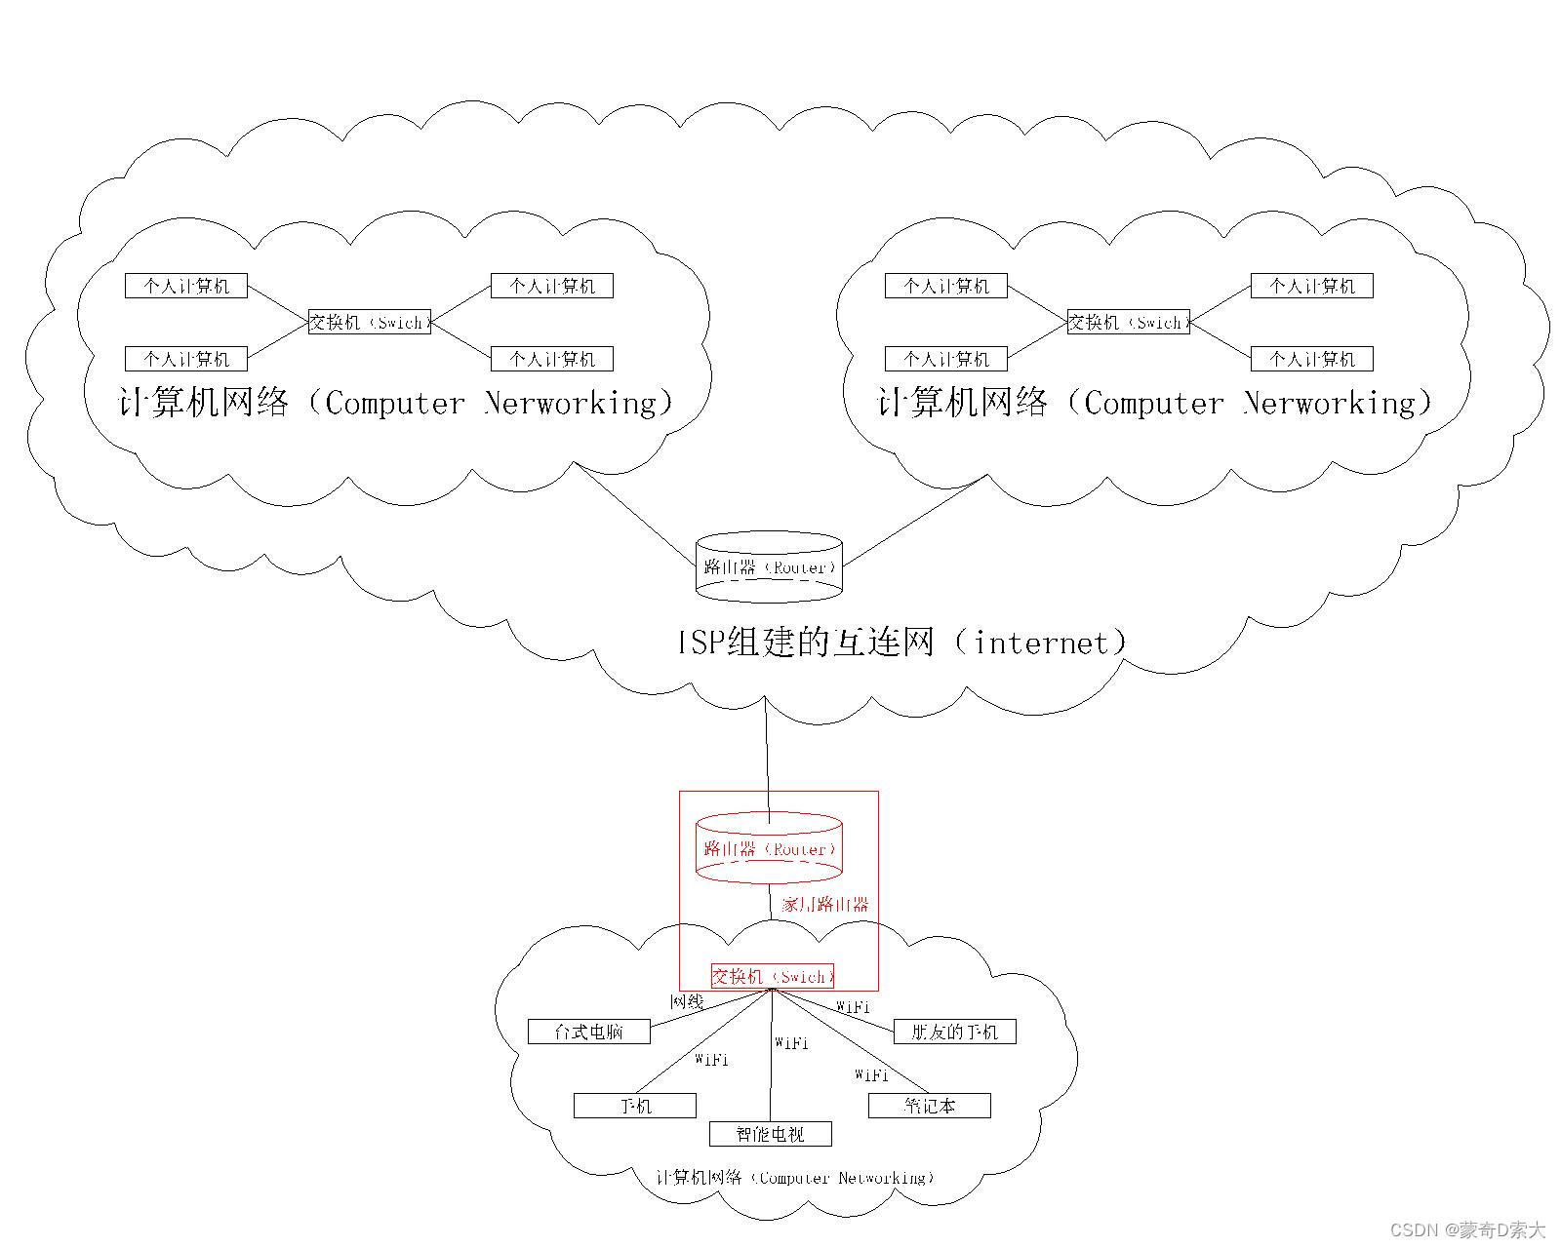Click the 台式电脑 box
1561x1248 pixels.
pos(588,1032)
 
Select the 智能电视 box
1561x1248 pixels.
pos(770,1134)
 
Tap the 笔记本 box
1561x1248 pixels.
pos(929,1106)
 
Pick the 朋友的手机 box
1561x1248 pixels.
pos(954,1032)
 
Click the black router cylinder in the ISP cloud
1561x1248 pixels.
pos(769,566)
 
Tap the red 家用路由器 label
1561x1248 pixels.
pos(824,905)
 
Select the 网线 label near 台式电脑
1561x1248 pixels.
pos(686,1002)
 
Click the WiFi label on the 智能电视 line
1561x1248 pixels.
pos(791,1043)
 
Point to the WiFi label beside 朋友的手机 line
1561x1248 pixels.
pos(853,1007)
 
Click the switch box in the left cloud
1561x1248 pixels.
pos(369,322)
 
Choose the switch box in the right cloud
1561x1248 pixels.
pos(1128,322)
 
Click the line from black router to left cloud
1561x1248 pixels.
pos(634,511)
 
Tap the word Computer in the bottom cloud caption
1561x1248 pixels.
pos(793,1178)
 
